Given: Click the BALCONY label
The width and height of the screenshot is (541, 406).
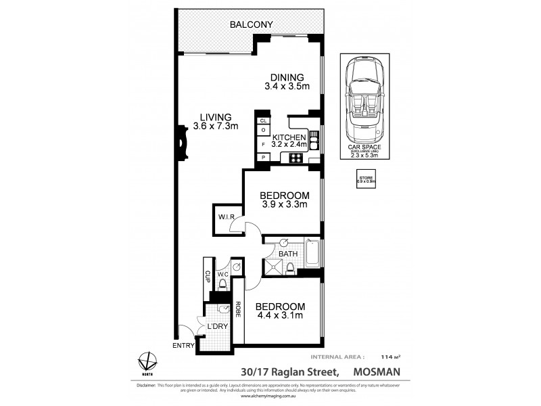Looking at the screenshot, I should (251, 25).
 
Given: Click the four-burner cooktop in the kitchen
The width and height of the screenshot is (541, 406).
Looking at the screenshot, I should (296, 158).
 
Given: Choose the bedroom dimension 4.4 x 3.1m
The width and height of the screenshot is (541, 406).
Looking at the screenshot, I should (279, 314).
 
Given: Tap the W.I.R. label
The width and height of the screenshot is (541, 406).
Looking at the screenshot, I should (226, 217).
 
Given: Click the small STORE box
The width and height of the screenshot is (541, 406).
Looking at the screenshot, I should (366, 179).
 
